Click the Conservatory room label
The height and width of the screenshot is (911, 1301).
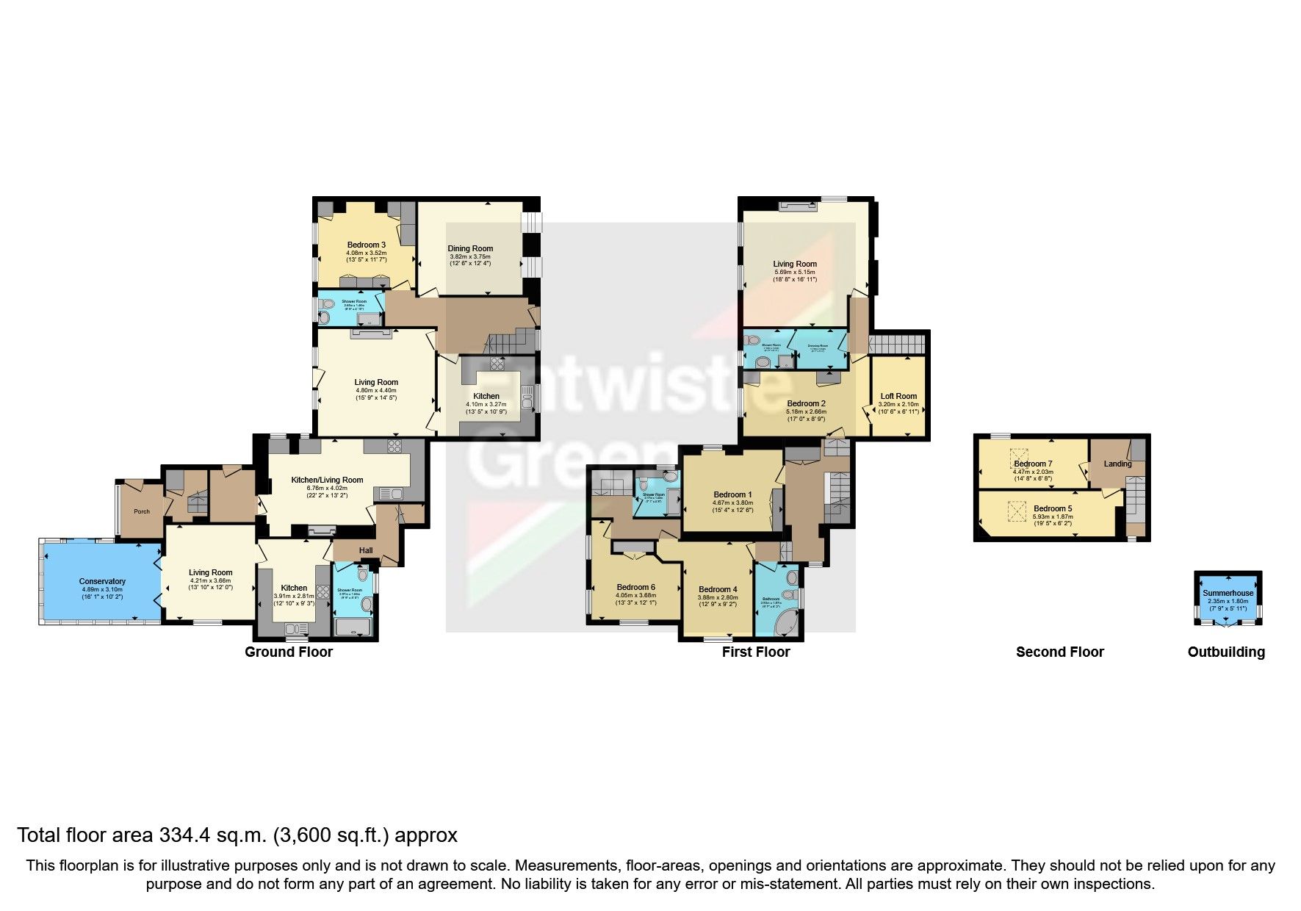102,581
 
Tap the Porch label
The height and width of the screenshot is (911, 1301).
142,511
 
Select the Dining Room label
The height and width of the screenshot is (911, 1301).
470,248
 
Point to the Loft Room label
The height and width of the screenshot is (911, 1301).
898,396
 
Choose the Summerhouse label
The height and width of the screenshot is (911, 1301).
1228,593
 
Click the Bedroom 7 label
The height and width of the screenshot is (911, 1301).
1033,464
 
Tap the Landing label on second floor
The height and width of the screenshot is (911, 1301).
1117,464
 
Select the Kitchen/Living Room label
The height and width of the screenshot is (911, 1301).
327,480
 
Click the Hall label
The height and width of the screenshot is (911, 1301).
366,550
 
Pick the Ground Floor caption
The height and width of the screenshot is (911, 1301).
289,652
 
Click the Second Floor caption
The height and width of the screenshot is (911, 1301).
1059,652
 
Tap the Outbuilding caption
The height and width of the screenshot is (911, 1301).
1226,652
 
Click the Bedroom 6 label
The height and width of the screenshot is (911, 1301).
635,587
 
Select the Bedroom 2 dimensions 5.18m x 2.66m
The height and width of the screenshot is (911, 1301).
806,411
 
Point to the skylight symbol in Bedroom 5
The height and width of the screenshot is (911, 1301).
1017,511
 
